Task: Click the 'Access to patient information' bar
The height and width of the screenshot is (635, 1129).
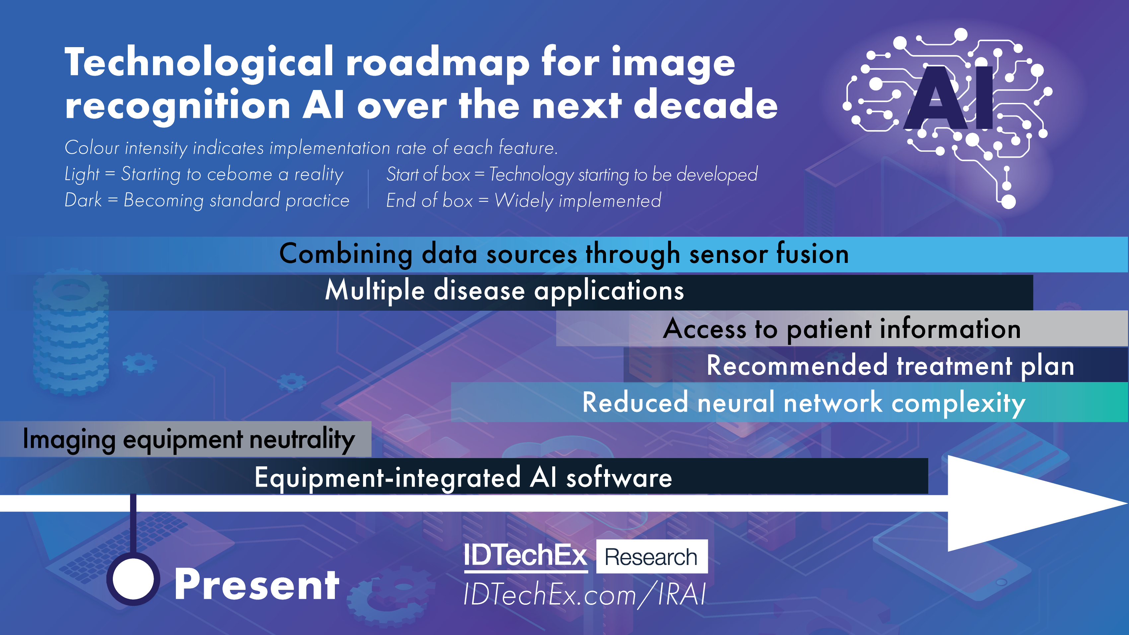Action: tap(842, 329)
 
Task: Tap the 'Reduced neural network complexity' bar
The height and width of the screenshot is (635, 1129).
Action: tap(789, 402)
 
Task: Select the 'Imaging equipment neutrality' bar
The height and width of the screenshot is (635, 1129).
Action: tap(186, 439)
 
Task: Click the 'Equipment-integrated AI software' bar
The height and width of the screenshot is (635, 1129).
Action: tap(464, 476)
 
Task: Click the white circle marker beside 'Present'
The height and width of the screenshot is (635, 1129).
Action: tap(133, 579)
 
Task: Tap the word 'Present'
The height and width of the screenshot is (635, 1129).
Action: tap(257, 584)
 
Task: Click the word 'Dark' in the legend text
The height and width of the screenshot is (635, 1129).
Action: tap(83, 200)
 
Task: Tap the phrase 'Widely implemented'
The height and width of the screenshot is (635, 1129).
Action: tap(578, 201)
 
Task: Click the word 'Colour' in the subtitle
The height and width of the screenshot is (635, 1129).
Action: tap(92, 148)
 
